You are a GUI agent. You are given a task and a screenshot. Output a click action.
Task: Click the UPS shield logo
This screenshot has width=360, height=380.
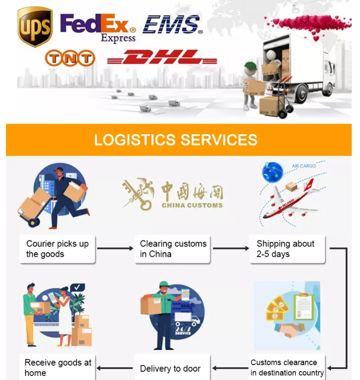pyautogui.click(x=35, y=27)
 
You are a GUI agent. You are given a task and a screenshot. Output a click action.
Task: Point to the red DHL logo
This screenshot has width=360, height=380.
pyautogui.click(x=162, y=58)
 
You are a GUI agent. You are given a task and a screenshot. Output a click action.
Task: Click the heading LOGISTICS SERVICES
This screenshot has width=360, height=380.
pyautogui.click(x=176, y=140)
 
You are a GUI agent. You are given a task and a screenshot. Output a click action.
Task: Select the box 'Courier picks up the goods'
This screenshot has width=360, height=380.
pyautogui.click(x=57, y=249)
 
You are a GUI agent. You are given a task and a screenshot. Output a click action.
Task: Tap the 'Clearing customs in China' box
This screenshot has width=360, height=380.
pyautogui.click(x=173, y=249)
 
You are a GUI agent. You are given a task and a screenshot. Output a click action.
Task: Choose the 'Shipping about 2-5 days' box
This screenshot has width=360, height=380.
pyautogui.click(x=287, y=249)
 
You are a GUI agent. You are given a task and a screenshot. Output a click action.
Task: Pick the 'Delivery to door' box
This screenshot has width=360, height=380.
pyautogui.click(x=171, y=368)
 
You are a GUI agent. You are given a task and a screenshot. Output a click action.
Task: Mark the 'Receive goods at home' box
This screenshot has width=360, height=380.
pyautogui.click(x=57, y=368)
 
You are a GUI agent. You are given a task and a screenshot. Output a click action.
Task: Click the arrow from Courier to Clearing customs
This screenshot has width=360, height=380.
pyautogui.click(x=115, y=249)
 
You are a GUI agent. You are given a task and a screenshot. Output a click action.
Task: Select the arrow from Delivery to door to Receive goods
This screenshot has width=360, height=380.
pyautogui.click(x=115, y=368)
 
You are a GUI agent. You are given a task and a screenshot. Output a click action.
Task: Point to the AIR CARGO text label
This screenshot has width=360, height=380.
pyautogui.click(x=304, y=166)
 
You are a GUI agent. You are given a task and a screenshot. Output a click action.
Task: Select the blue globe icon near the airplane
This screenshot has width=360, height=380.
pyautogui.click(x=271, y=171)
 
